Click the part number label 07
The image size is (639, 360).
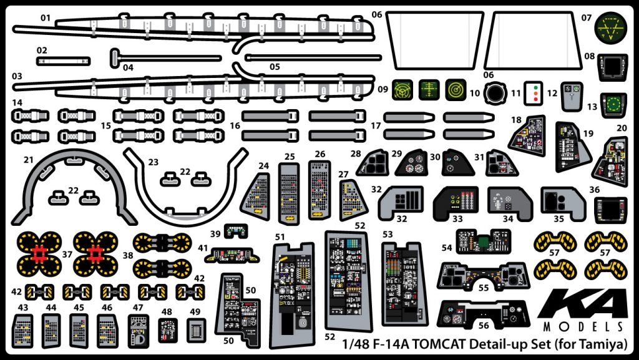[x=587, y=17]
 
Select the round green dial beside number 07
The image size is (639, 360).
[x=608, y=28]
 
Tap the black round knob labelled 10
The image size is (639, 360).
[x=497, y=94]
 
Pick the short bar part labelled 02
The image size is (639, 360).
[x=63, y=61]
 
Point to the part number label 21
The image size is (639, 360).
[x=29, y=160]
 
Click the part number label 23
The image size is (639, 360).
[x=154, y=161]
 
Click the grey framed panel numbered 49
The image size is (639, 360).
[x=195, y=330]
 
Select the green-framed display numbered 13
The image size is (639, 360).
[x=613, y=104]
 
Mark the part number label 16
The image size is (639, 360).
[x=235, y=125]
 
